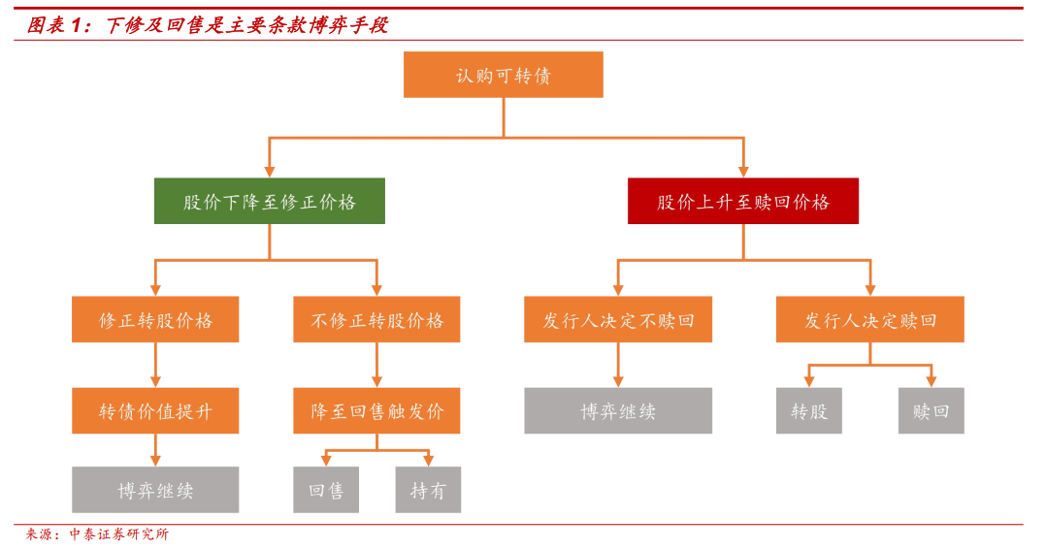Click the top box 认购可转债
[x=503, y=75]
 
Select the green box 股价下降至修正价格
[x=269, y=201]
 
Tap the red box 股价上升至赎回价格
[x=742, y=201]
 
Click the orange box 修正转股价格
[x=155, y=319]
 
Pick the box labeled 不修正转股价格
[x=376, y=319]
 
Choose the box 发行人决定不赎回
[x=618, y=319]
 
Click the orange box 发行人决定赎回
[x=869, y=319]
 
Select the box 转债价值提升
[x=155, y=410]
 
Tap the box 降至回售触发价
[x=376, y=410]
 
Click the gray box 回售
[x=326, y=490]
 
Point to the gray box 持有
[x=428, y=490]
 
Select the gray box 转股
[x=808, y=410]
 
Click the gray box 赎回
[x=931, y=410]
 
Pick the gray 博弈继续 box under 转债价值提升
[x=155, y=490]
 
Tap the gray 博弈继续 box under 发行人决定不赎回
[x=618, y=410]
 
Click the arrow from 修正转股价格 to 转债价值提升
[x=155, y=365]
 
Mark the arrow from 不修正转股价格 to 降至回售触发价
[x=376, y=365]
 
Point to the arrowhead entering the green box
[x=269, y=171]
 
